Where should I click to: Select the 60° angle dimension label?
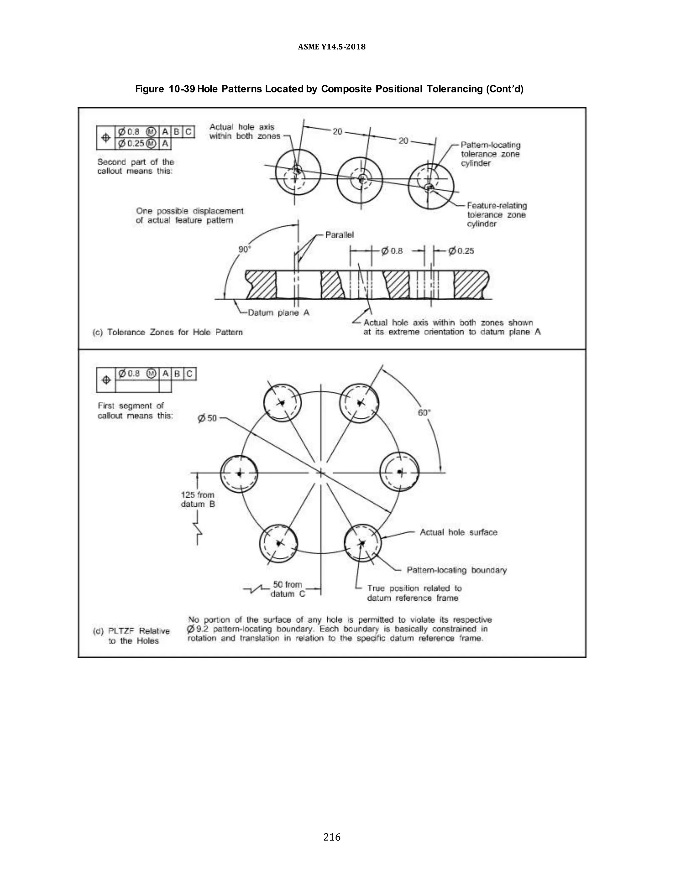click(x=424, y=412)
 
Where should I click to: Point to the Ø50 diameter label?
click(x=207, y=418)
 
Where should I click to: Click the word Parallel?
click(x=340, y=235)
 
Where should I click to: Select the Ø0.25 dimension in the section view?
click(x=461, y=251)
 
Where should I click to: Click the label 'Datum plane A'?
click(x=279, y=313)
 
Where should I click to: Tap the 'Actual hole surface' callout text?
click(x=458, y=532)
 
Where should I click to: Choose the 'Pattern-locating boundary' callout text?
click(x=457, y=570)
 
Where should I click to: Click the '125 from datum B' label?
click(x=198, y=499)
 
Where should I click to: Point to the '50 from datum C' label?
click(x=288, y=589)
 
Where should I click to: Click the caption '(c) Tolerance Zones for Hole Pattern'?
click(x=168, y=332)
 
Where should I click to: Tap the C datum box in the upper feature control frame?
click(x=188, y=132)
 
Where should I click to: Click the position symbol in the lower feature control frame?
click(x=106, y=380)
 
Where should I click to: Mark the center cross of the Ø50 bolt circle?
click(x=321, y=473)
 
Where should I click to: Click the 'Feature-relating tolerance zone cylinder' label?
click(x=496, y=214)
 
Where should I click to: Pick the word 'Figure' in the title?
click(x=149, y=89)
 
